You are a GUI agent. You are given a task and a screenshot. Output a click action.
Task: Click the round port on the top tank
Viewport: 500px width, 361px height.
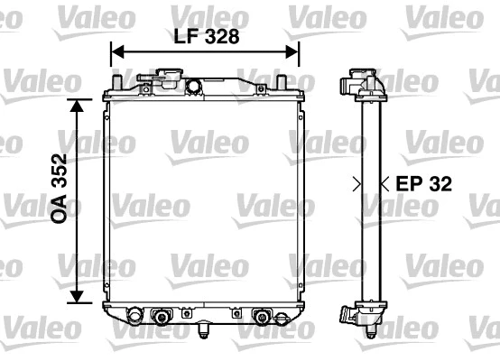tap(192, 87)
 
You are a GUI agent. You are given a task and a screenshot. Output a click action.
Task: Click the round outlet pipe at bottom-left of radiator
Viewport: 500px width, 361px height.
tap(135, 317)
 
